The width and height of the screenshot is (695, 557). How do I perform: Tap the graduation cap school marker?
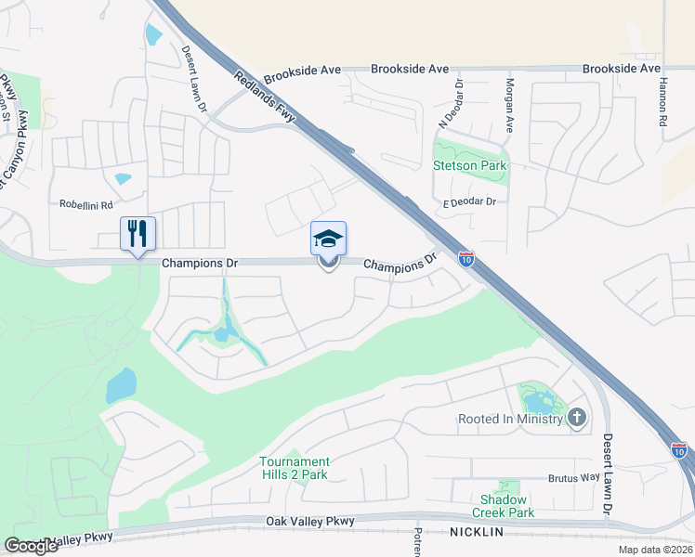[328, 240]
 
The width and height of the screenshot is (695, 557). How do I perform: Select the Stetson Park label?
[470, 165]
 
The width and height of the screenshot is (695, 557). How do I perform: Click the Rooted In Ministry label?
[510, 419]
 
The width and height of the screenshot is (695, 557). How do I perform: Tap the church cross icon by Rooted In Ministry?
[577, 418]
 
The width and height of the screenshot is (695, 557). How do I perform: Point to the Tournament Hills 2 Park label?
[295, 468]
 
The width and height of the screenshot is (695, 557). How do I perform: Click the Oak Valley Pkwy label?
[310, 522]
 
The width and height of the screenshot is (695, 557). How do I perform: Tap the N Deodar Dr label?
[459, 104]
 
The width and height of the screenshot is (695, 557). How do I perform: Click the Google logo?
[31, 546]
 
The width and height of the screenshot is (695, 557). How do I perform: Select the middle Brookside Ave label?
[410, 70]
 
